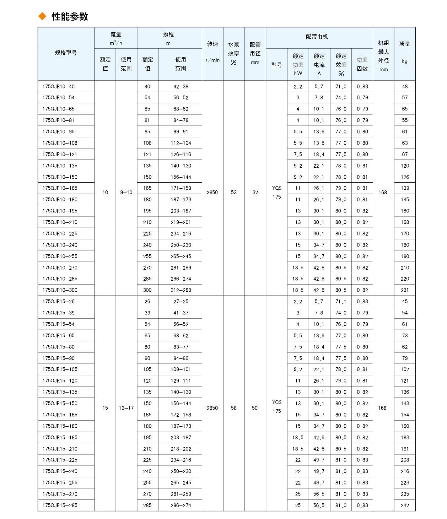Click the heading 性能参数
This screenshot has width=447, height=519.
click(x=70, y=17)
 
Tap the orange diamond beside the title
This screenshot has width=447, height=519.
click(x=42, y=16)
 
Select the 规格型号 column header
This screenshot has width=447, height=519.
click(x=66, y=53)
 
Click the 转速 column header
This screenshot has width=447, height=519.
click(x=212, y=44)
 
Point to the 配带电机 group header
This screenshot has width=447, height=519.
click(x=317, y=37)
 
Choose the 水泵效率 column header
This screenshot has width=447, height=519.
click(x=233, y=53)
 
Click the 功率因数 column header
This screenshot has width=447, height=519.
click(x=362, y=64)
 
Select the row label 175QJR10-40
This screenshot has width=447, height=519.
click(x=59, y=86)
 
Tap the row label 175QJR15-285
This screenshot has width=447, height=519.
click(x=60, y=505)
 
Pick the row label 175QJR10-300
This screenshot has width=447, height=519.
click(x=60, y=290)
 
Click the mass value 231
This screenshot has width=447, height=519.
click(x=405, y=290)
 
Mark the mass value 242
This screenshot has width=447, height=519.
click(x=405, y=505)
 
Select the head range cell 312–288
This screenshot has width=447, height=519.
click(x=181, y=290)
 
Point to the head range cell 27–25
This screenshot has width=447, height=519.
click(x=181, y=301)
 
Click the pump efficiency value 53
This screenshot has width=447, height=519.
click(x=233, y=192)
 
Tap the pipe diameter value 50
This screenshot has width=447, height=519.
click(x=255, y=408)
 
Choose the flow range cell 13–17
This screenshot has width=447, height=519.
click(x=126, y=408)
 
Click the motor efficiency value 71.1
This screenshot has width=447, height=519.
click(x=341, y=301)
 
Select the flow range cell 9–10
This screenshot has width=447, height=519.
click(x=126, y=192)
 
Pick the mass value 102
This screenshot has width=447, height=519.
click(x=405, y=369)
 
